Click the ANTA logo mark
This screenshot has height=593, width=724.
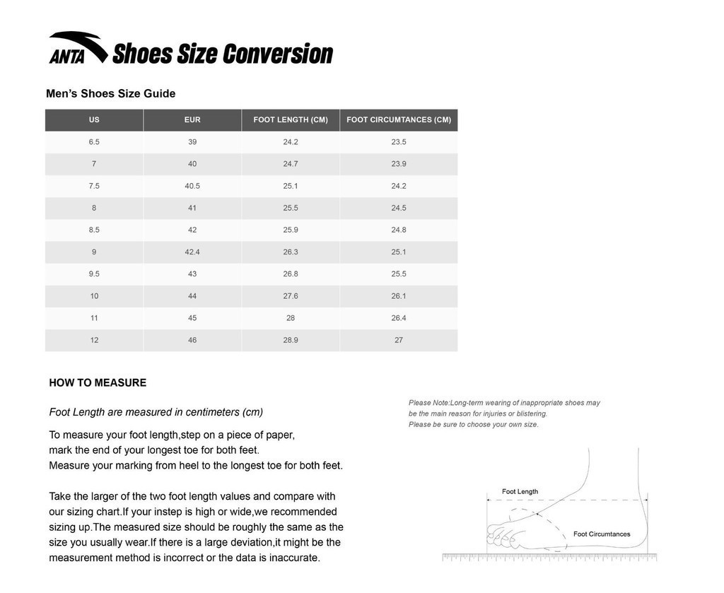[x=77, y=48]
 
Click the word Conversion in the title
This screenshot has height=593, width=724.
[x=277, y=54]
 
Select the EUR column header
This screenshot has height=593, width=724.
[x=192, y=120]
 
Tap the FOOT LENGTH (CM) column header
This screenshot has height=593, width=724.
[x=291, y=120]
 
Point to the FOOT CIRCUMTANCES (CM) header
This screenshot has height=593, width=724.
[x=399, y=120]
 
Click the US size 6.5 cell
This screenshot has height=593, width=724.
[x=94, y=142]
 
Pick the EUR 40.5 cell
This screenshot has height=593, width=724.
[x=192, y=186]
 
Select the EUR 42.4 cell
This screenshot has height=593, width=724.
[x=192, y=252]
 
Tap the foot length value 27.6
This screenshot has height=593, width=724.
[x=291, y=296]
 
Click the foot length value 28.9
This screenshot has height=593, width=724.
[x=291, y=340]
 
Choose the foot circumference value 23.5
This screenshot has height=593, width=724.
[x=399, y=142]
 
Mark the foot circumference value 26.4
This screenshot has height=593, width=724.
[x=399, y=318]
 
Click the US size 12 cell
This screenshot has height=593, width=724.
[x=94, y=340]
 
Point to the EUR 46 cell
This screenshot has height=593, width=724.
[x=192, y=340]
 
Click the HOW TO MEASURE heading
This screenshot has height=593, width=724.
[x=98, y=383]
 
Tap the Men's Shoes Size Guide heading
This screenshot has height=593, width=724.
[x=110, y=94]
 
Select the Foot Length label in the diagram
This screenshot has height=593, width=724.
[x=520, y=492]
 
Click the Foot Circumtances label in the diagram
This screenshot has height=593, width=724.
[x=602, y=534]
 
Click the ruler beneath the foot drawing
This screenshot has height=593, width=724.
[x=549, y=558]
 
